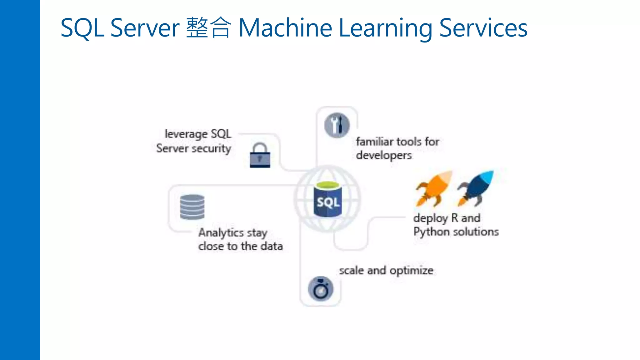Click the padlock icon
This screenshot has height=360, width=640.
260,156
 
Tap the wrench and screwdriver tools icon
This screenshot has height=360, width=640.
337,125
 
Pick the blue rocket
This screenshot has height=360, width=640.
476,188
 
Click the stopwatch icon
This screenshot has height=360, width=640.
321,289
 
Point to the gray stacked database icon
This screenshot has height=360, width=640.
192,207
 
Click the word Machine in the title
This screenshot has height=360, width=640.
285,28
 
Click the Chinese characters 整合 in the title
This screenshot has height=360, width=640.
208,28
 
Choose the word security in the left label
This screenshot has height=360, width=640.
211,148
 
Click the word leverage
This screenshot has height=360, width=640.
186,134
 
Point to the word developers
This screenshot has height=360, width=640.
384,155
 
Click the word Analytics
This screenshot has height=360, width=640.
221,232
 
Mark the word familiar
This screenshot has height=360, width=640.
375,142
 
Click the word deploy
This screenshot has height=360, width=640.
431,218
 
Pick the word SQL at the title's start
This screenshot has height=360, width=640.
82,28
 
